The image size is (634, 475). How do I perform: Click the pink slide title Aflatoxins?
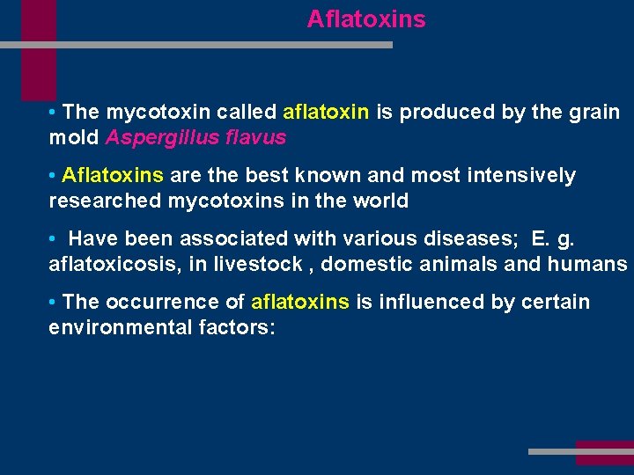pos(365,19)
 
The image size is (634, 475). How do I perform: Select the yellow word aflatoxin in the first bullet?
pos(326,113)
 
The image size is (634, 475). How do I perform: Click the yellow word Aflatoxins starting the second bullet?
pos(113,176)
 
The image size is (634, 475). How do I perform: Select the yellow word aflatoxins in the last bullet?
pos(300,302)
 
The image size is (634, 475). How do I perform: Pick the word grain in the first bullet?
pos(594,113)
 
